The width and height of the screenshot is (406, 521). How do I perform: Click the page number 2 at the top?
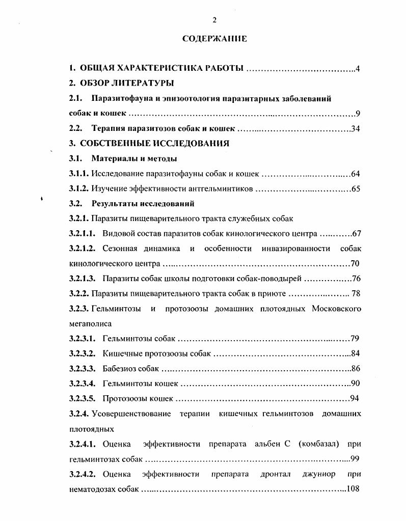pyautogui.click(x=214, y=19)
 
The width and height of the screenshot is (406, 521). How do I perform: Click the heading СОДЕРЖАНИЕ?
pyautogui.click(x=214, y=39)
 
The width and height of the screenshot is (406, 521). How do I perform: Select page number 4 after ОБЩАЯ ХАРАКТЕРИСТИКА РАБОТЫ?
pyautogui.click(x=358, y=68)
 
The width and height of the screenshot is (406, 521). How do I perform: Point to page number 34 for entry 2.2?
pyautogui.click(x=356, y=128)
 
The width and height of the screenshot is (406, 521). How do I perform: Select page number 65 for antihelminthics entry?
pyautogui.click(x=356, y=189)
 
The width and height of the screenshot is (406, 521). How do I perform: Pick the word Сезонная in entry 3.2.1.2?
pyautogui.click(x=121, y=249)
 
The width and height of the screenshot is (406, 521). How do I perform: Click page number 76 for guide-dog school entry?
pyautogui.click(x=356, y=279)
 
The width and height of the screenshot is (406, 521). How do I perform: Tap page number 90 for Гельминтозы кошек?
pyautogui.click(x=356, y=383)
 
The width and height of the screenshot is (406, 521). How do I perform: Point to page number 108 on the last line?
pyautogui.click(x=353, y=489)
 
